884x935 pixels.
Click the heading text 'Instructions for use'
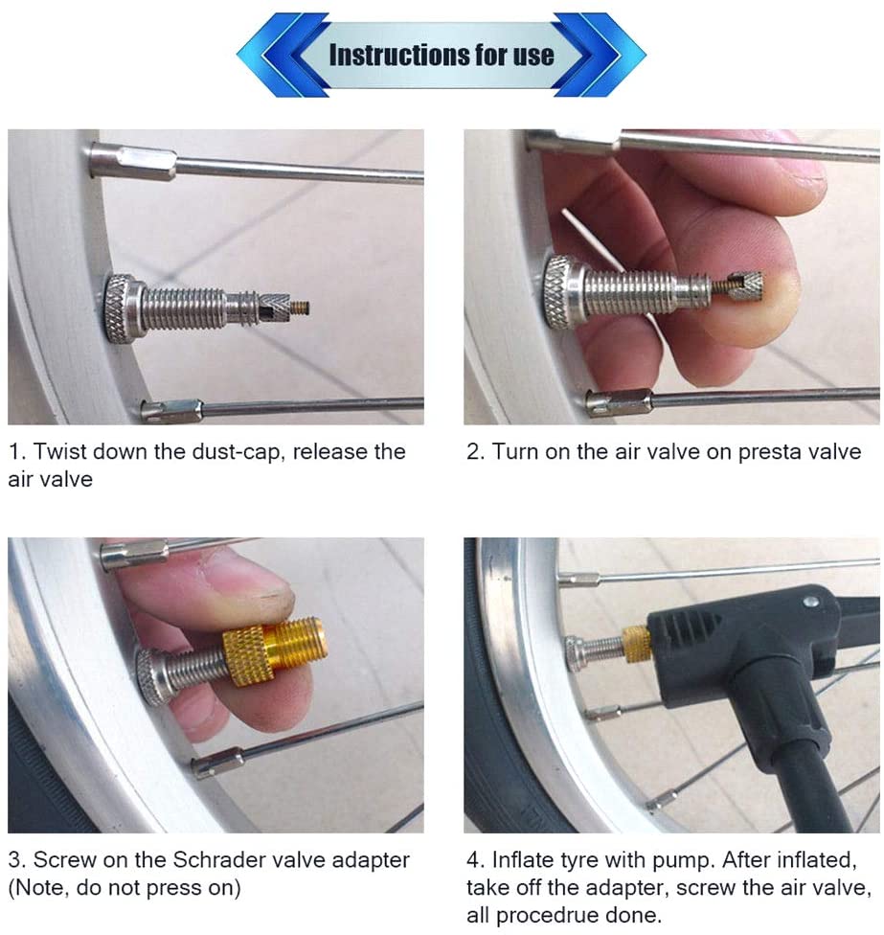tap(441, 55)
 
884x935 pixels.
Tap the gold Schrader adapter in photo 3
tap(275, 646)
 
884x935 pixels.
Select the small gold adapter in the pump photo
tap(636, 644)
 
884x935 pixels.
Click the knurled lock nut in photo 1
tap(120, 308)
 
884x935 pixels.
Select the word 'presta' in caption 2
tap(739, 452)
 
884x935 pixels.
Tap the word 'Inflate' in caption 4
tap(524, 860)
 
